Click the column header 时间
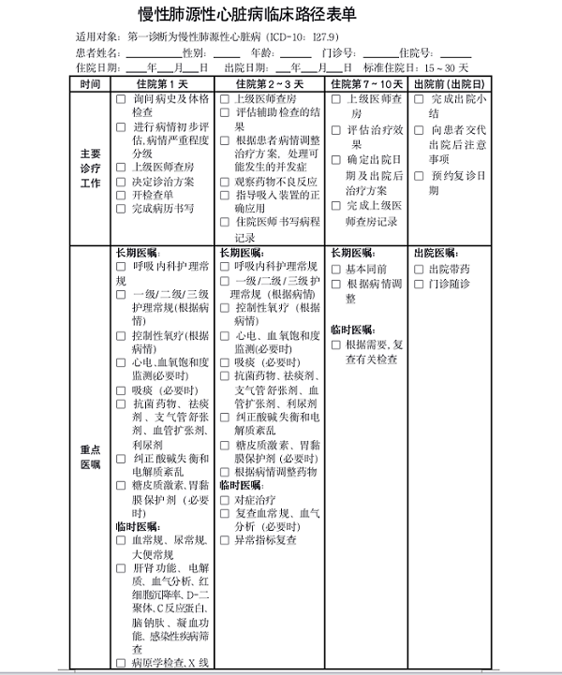90,84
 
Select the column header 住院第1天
162,84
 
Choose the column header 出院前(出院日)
450,84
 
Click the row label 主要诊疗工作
90,168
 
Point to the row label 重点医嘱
90,456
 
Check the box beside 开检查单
122,196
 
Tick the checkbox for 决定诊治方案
122,182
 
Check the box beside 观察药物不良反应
225,182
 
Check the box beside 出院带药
418,269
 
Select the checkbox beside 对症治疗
225,501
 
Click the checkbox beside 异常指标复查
225,540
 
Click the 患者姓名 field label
97,52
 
